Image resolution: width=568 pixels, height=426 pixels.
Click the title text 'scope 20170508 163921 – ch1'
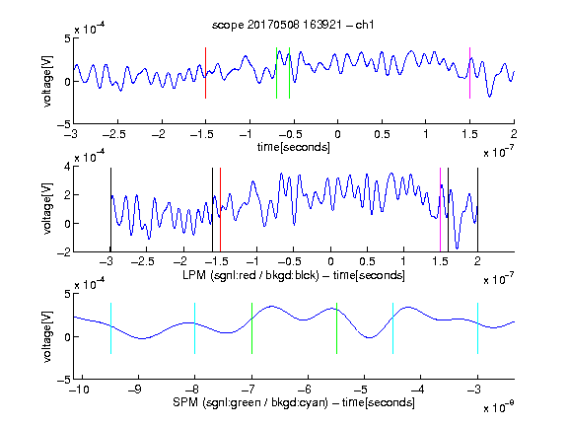(293, 25)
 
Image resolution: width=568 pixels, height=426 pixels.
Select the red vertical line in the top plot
(206, 73)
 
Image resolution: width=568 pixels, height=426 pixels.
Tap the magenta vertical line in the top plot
(469, 73)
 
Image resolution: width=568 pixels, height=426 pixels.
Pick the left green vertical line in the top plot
(276, 73)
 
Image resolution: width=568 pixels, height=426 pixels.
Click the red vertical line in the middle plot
(220, 210)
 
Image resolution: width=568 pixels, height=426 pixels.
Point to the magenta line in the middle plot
(440, 210)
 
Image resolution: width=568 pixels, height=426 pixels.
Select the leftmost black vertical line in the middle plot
(110, 210)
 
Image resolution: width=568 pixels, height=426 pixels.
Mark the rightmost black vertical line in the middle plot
(477, 210)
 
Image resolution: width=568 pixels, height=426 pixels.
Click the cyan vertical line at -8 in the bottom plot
(195, 328)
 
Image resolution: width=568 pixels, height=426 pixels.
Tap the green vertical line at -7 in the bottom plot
(251, 328)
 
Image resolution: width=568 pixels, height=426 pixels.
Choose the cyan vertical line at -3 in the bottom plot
(478, 328)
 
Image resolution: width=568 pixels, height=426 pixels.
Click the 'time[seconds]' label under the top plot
(294, 147)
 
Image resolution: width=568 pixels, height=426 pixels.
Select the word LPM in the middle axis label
(194, 275)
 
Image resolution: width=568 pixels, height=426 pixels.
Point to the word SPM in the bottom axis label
(185, 402)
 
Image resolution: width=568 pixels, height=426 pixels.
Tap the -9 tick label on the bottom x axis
(135, 390)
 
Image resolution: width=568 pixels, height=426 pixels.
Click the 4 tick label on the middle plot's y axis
(67, 167)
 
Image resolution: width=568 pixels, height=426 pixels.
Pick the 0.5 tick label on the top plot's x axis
(382, 134)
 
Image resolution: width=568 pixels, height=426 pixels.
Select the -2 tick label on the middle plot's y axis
(63, 252)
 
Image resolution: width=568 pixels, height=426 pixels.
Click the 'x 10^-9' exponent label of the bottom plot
(498, 406)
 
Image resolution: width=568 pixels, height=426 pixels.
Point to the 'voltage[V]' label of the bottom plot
(47, 336)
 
